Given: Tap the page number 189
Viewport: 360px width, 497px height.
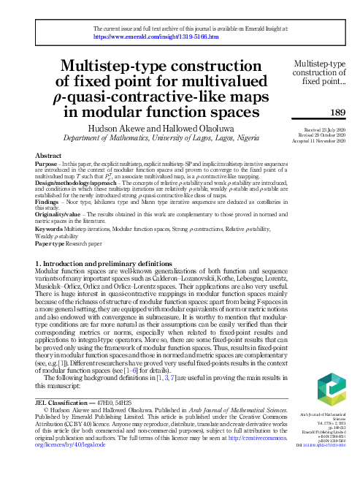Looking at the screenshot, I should pyautogui.click(x=337, y=112).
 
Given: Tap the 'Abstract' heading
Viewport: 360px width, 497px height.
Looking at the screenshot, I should pyautogui.click(x=48, y=156).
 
